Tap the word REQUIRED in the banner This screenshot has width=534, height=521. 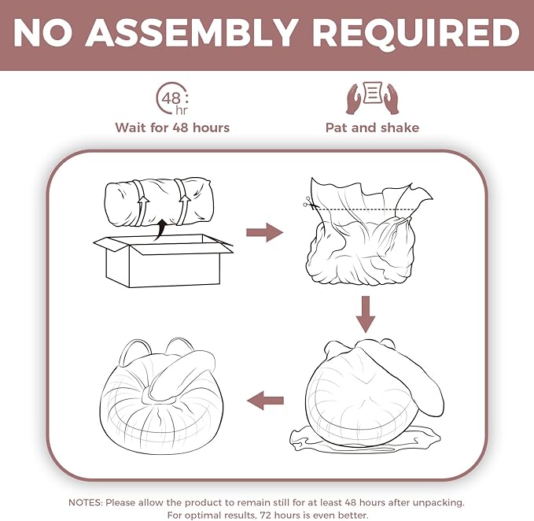pyautogui.click(x=416, y=33)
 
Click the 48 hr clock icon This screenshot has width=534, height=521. pyautogui.click(x=172, y=98)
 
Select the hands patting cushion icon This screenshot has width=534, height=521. pyautogui.click(x=372, y=98)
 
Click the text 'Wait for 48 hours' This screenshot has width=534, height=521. pyautogui.click(x=172, y=127)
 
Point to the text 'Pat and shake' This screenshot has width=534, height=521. pyautogui.click(x=372, y=127)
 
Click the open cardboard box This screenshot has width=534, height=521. pyautogui.click(x=163, y=260)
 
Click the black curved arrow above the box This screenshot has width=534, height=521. pyautogui.click(x=160, y=229)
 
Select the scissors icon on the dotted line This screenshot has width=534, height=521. pyautogui.click(x=309, y=203)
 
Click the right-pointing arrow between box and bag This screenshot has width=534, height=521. pyautogui.click(x=264, y=232)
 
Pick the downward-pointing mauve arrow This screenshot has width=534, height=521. pyautogui.click(x=366, y=314)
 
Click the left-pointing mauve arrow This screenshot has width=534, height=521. pyautogui.click(x=265, y=401)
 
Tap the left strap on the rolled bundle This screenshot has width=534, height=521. pyautogui.click(x=141, y=202)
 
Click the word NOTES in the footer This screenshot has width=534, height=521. pyautogui.click(x=85, y=503)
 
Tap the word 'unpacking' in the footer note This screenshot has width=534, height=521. pyautogui.click(x=439, y=503)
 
